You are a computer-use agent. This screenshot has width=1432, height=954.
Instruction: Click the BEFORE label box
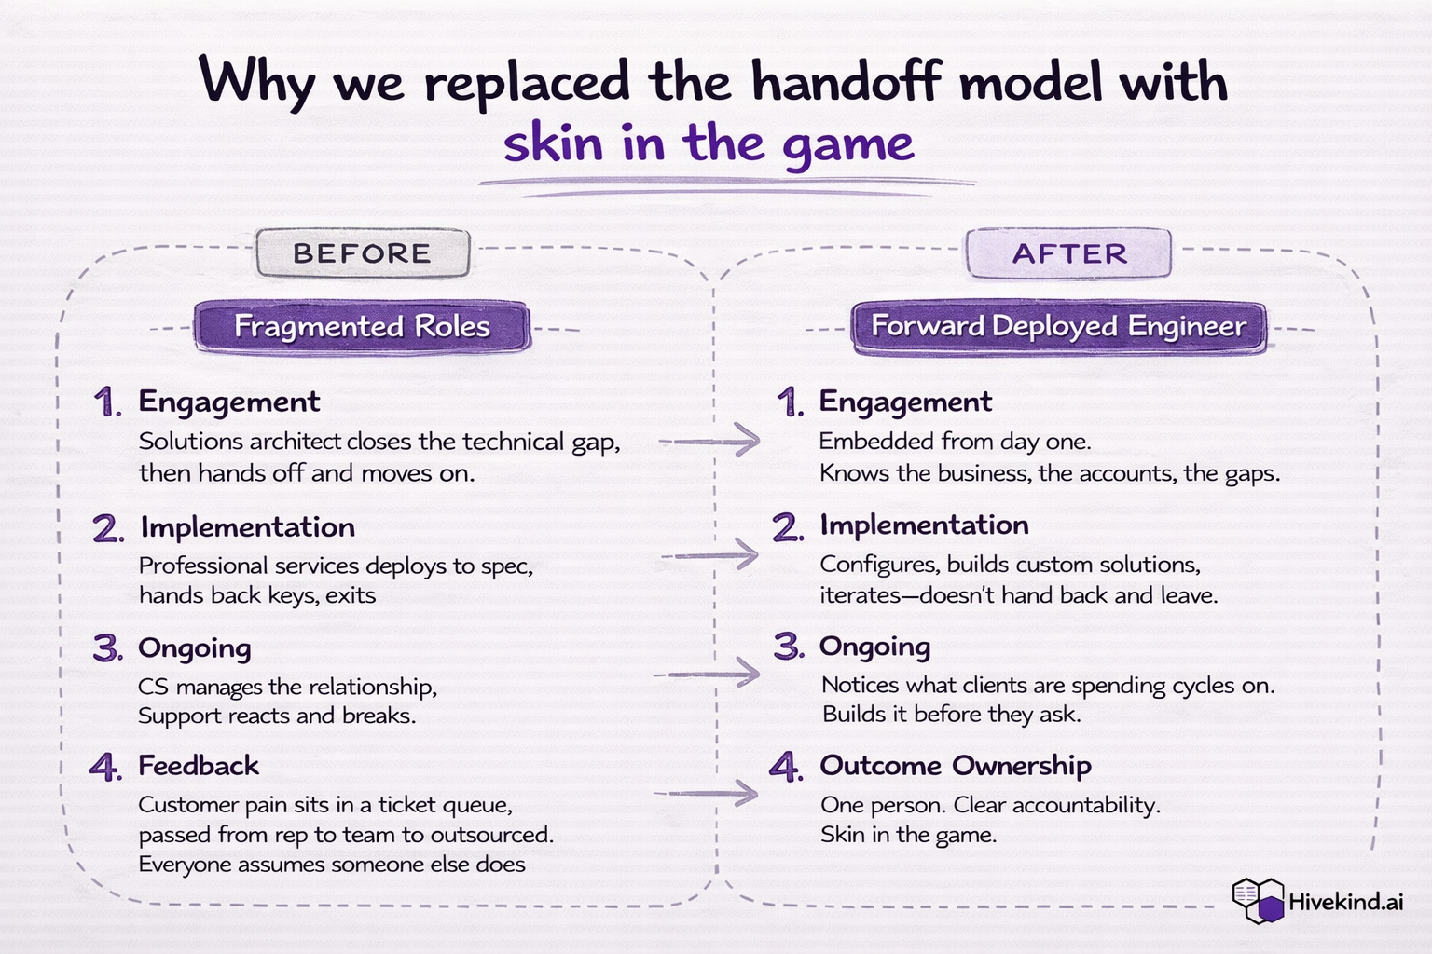tap(363, 253)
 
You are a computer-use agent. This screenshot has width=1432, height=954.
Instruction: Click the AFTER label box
tap(1069, 253)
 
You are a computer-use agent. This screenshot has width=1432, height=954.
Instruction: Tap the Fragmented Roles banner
tap(363, 326)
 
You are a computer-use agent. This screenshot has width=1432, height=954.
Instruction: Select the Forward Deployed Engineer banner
tap(1059, 326)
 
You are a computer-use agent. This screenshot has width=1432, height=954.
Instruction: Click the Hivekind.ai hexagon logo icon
tap(1259, 901)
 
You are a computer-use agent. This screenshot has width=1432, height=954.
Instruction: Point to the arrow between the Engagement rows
tap(709, 441)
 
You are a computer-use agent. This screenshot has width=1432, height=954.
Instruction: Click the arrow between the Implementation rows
tap(709, 554)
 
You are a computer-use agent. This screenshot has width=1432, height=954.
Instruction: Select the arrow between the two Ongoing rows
tap(707, 673)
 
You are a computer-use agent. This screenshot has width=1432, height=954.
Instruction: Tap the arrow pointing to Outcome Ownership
tap(706, 793)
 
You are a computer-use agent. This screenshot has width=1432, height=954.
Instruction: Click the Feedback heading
tap(199, 766)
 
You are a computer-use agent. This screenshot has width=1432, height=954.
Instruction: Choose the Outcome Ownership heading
tap(955, 766)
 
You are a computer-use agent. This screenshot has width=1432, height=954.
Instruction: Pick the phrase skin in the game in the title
tap(709, 144)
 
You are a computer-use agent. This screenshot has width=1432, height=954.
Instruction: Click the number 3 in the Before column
tap(107, 647)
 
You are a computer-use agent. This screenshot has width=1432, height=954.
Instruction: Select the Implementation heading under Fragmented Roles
tap(247, 527)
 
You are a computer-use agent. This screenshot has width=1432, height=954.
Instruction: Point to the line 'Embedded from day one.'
tap(955, 441)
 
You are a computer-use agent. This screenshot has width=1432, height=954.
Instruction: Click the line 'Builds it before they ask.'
tap(951, 714)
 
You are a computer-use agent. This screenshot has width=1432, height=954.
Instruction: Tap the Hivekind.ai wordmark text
tap(1345, 902)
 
